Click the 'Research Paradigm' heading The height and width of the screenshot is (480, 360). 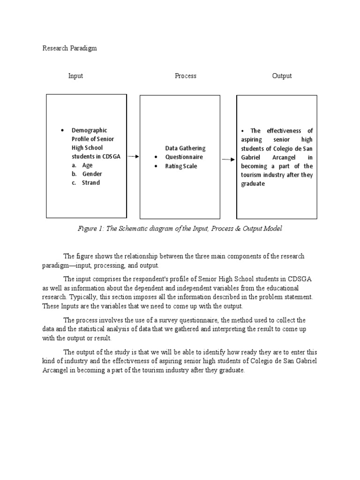(x=69, y=48)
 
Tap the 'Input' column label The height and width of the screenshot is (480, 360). (x=75, y=75)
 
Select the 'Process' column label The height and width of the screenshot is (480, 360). (x=186, y=75)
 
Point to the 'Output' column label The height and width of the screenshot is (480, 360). (x=282, y=75)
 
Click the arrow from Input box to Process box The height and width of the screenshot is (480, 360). (x=133, y=157)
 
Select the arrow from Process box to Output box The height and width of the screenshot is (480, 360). (x=228, y=159)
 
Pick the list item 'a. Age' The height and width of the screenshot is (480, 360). (x=82, y=165)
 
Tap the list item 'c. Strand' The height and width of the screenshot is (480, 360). (x=86, y=183)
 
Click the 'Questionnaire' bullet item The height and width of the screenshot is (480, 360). (x=184, y=157)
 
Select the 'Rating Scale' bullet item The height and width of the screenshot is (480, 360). (x=181, y=166)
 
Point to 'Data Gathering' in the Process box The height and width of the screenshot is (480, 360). (x=185, y=148)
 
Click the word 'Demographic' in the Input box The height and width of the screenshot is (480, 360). (x=89, y=130)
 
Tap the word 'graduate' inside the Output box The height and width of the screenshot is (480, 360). (x=253, y=184)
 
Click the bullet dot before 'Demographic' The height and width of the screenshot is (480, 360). (x=62, y=130)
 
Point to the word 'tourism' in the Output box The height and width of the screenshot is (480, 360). (x=252, y=175)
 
